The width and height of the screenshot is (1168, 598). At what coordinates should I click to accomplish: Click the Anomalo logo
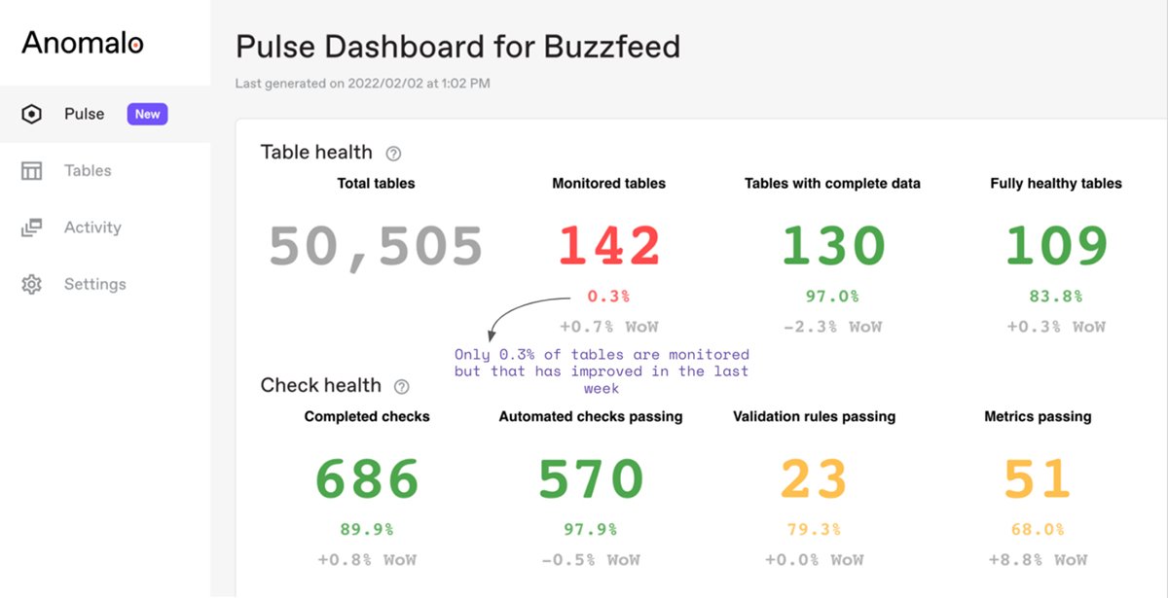[83, 43]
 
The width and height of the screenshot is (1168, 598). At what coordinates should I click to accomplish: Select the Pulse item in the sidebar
[84, 114]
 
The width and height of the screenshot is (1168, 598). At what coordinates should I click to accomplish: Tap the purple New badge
[147, 114]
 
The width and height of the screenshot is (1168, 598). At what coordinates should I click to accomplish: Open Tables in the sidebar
[87, 171]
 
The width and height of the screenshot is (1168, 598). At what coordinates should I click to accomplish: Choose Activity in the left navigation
[92, 228]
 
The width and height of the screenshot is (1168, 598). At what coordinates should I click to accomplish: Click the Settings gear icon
[32, 285]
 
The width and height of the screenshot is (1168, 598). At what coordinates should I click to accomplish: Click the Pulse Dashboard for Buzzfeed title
[457, 47]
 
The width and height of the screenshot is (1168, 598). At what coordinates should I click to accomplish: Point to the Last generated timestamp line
[362, 84]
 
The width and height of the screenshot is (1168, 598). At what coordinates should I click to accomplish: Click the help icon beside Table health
[393, 154]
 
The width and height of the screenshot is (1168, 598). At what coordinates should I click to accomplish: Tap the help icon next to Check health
[401, 386]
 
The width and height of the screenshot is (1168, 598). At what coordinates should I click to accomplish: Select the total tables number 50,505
[376, 246]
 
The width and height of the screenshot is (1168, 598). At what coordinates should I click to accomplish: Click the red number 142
[608, 246]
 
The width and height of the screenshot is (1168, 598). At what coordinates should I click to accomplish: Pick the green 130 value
[832, 246]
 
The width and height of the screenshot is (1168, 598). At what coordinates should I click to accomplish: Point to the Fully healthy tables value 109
[1056, 246]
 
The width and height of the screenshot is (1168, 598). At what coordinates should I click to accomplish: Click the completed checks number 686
[367, 478]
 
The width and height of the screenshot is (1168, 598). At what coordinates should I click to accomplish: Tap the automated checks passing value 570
[591, 478]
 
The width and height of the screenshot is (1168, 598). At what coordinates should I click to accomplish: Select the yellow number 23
[814, 478]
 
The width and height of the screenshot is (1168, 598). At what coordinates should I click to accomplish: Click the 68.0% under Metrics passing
[1038, 530]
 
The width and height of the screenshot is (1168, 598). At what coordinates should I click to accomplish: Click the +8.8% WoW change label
[1038, 560]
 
